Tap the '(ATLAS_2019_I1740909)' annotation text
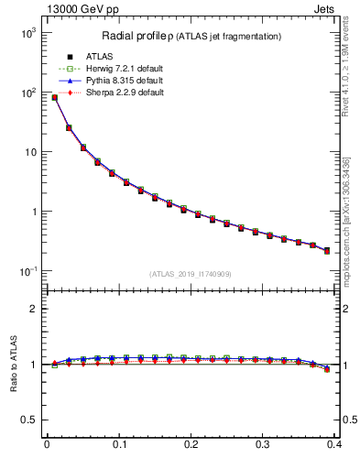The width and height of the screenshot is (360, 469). pyautogui.click(x=190, y=273)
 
